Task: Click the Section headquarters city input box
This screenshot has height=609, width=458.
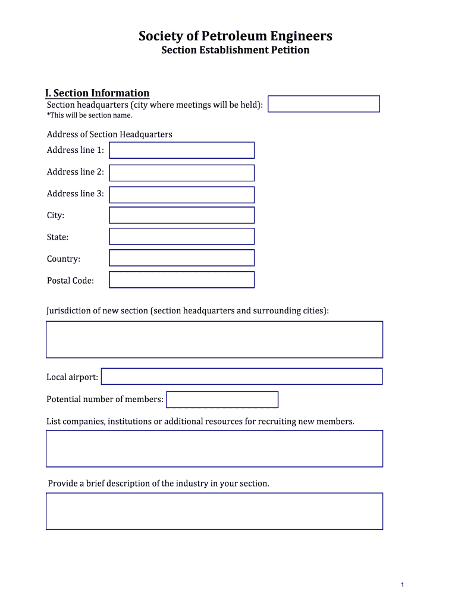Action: click(x=324, y=104)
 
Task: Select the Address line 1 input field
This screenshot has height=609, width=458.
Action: click(x=181, y=150)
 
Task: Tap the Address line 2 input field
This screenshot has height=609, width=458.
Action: click(x=181, y=173)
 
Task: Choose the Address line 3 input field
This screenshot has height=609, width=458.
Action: click(x=181, y=194)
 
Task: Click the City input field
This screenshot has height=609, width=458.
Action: click(x=181, y=215)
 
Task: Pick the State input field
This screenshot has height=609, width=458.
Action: click(x=181, y=237)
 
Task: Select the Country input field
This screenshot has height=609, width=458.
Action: click(x=181, y=258)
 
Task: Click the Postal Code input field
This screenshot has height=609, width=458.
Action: click(x=181, y=280)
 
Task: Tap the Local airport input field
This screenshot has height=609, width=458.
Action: click(x=241, y=376)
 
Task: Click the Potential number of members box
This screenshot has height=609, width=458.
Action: click(x=222, y=400)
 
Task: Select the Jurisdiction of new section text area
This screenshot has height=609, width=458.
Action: click(x=214, y=340)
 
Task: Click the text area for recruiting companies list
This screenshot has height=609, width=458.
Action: click(x=214, y=449)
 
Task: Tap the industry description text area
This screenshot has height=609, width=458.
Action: click(x=214, y=511)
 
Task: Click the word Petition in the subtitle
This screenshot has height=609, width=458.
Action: click(x=290, y=50)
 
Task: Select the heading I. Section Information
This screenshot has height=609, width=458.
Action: click(x=98, y=93)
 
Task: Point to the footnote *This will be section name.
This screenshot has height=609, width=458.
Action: click(x=89, y=115)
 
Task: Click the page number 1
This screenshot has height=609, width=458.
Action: click(x=403, y=585)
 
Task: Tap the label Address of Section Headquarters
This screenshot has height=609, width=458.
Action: click(x=109, y=134)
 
